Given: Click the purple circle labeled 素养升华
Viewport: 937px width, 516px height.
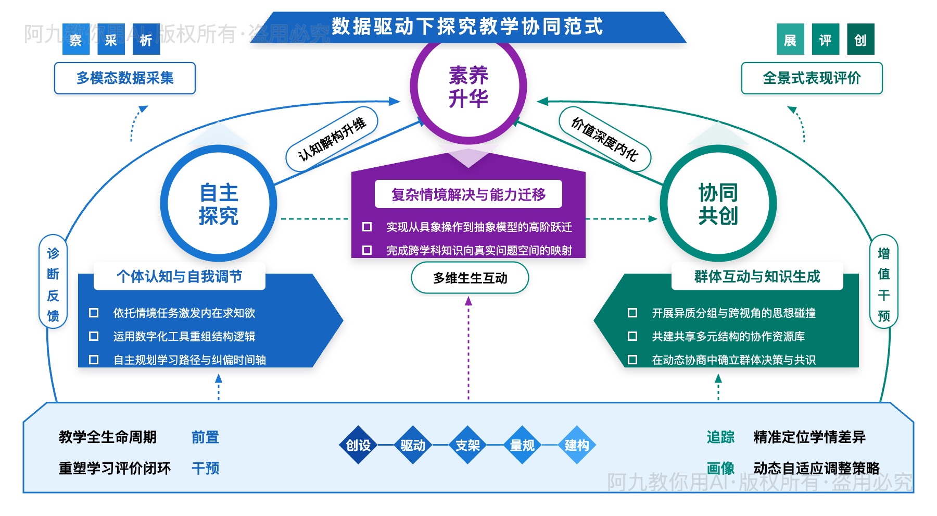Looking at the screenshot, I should tap(468, 87).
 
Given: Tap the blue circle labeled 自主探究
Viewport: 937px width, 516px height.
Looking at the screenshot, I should tap(219, 204).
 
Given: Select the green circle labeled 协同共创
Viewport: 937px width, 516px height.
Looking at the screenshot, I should tap(718, 204).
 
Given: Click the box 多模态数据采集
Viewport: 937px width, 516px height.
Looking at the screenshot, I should tap(125, 78).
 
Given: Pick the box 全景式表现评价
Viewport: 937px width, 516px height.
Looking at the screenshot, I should tap(812, 78).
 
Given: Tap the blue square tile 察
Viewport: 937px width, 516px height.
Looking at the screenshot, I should tap(76, 40).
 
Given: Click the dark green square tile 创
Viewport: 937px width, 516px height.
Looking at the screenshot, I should tap(860, 40).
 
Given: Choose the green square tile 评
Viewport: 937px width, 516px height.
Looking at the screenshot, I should tap(825, 40).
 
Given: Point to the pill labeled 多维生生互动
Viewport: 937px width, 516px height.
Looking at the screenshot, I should tap(470, 278).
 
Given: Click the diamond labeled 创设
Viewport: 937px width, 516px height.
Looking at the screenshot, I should tap(358, 445).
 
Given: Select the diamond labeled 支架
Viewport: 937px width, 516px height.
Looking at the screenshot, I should tap(467, 445).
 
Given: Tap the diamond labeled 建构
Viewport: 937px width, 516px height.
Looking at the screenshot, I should tap(577, 445).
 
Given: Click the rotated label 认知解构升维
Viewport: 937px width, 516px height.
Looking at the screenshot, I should tap(332, 139).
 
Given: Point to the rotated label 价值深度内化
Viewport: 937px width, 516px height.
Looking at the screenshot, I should tap(604, 139).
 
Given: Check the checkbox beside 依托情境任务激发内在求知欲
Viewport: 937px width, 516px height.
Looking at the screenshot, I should tap(94, 313).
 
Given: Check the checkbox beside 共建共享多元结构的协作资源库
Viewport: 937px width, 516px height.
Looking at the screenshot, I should tap(632, 336).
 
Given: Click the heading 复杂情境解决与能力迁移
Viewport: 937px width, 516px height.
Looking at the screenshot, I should tap(468, 194).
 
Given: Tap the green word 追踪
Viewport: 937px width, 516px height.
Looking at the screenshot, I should tap(720, 437).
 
